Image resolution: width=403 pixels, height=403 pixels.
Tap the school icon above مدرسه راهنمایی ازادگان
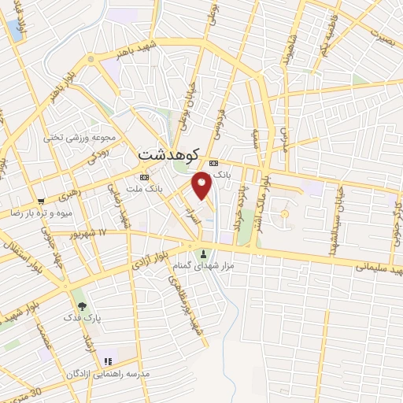[106, 360]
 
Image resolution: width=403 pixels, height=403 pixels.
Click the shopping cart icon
[41, 201]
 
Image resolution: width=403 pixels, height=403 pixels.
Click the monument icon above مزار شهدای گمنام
[205, 253]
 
